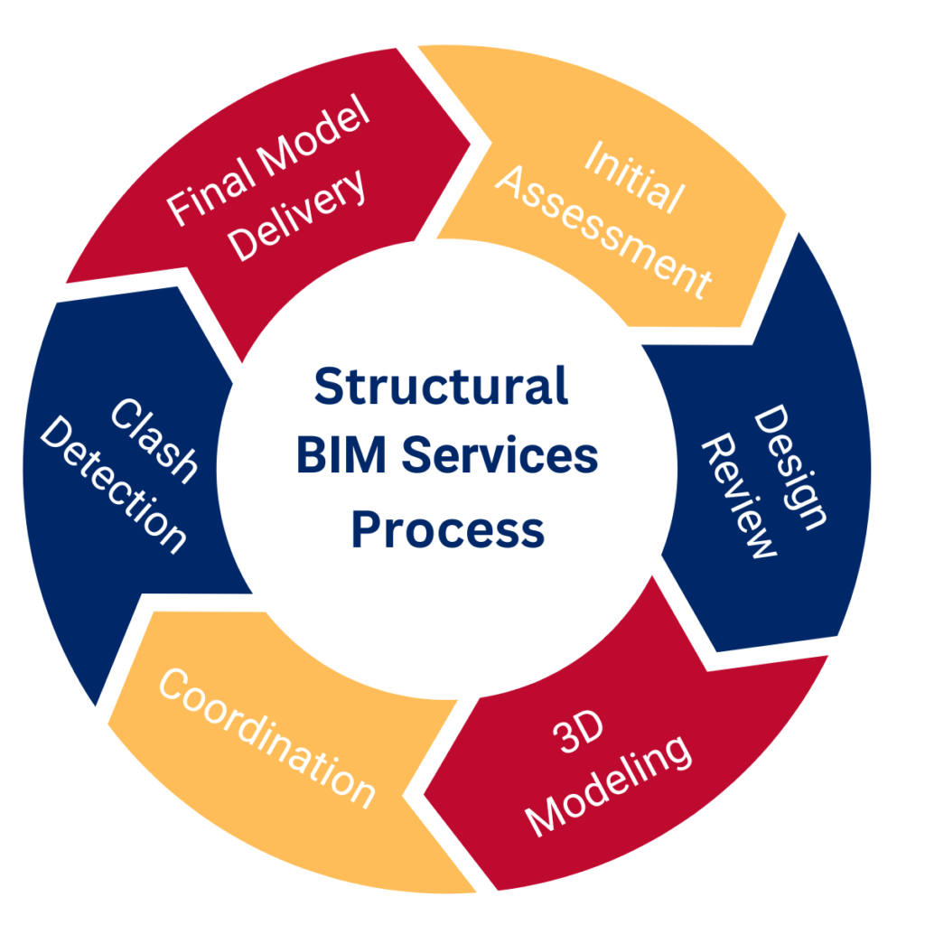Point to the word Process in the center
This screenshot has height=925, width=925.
click(447, 528)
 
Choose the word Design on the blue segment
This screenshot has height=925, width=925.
click(791, 466)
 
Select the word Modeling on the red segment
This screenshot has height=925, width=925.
click(611, 784)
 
